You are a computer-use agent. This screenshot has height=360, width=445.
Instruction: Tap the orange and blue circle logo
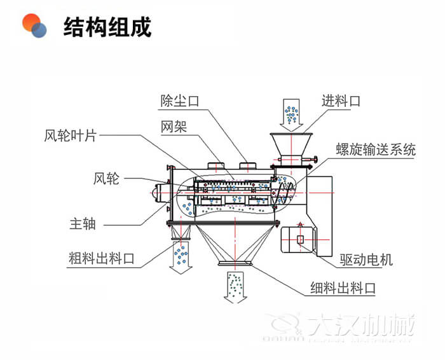pos(36,25)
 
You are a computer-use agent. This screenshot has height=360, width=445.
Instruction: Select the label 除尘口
pos(180,100)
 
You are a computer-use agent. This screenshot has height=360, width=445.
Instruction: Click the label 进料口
pos(341,100)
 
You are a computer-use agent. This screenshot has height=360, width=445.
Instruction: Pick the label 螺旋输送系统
pos(376,150)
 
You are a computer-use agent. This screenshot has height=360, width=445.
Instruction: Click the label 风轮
pos(106,179)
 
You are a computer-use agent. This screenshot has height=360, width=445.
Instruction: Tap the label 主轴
pos(82,223)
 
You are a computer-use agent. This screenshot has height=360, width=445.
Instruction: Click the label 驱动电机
pos(367,259)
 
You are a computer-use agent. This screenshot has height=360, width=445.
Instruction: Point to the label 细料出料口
pos(343,287)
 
